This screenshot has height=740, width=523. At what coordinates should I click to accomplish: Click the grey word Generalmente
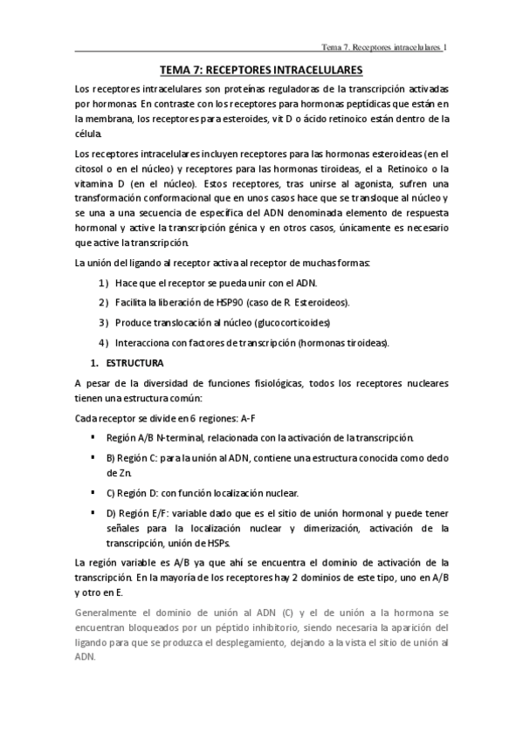[x=113, y=613]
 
